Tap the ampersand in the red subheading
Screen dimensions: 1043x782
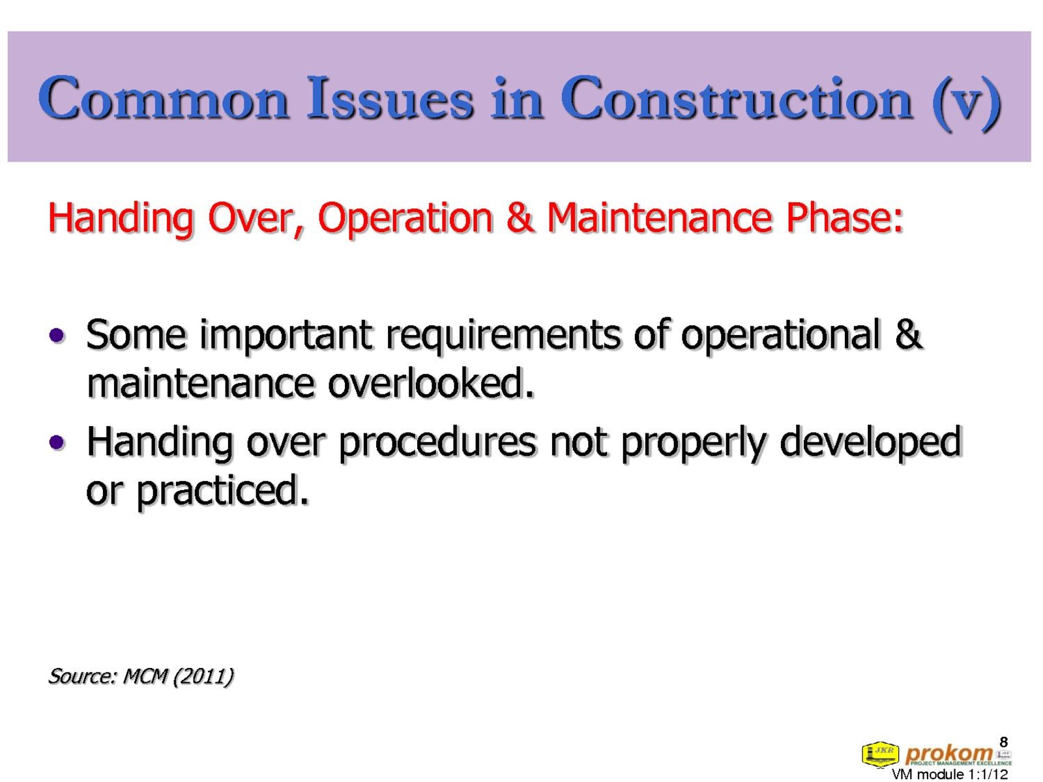coord(520,218)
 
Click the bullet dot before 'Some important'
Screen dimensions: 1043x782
coord(57,335)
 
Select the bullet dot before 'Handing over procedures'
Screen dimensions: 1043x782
coord(57,442)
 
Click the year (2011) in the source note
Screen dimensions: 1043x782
coord(203,676)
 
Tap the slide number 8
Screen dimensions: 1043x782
coord(1003,742)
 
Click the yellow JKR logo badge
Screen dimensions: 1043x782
coord(880,753)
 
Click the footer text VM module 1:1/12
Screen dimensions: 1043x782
coord(950,774)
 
